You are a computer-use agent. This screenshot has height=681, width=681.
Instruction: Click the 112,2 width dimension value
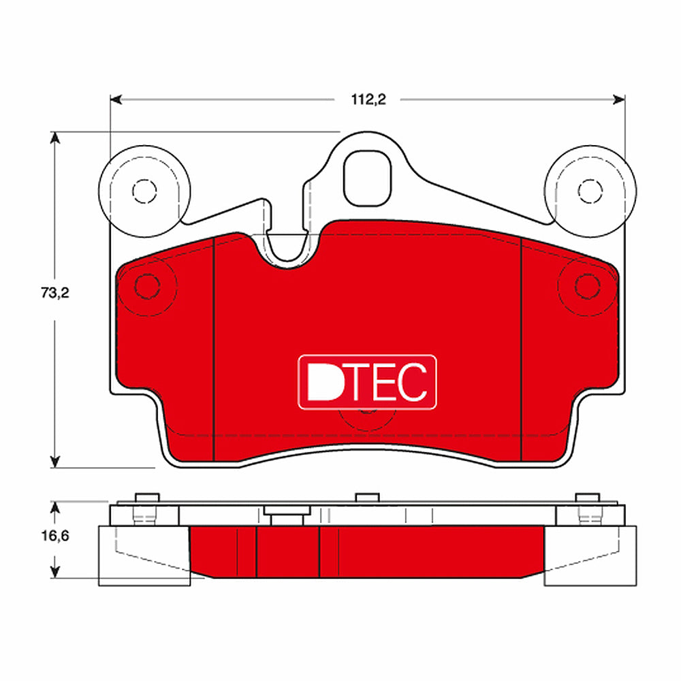(x=368, y=99)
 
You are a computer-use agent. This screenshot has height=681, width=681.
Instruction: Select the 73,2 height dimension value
(x=56, y=294)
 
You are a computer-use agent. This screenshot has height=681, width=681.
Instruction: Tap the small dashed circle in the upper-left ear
(x=143, y=190)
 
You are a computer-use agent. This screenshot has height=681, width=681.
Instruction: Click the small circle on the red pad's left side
(x=146, y=287)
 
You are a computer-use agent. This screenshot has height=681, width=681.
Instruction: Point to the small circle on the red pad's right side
(x=587, y=287)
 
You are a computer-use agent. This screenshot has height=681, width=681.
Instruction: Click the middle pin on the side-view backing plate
(x=366, y=498)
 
